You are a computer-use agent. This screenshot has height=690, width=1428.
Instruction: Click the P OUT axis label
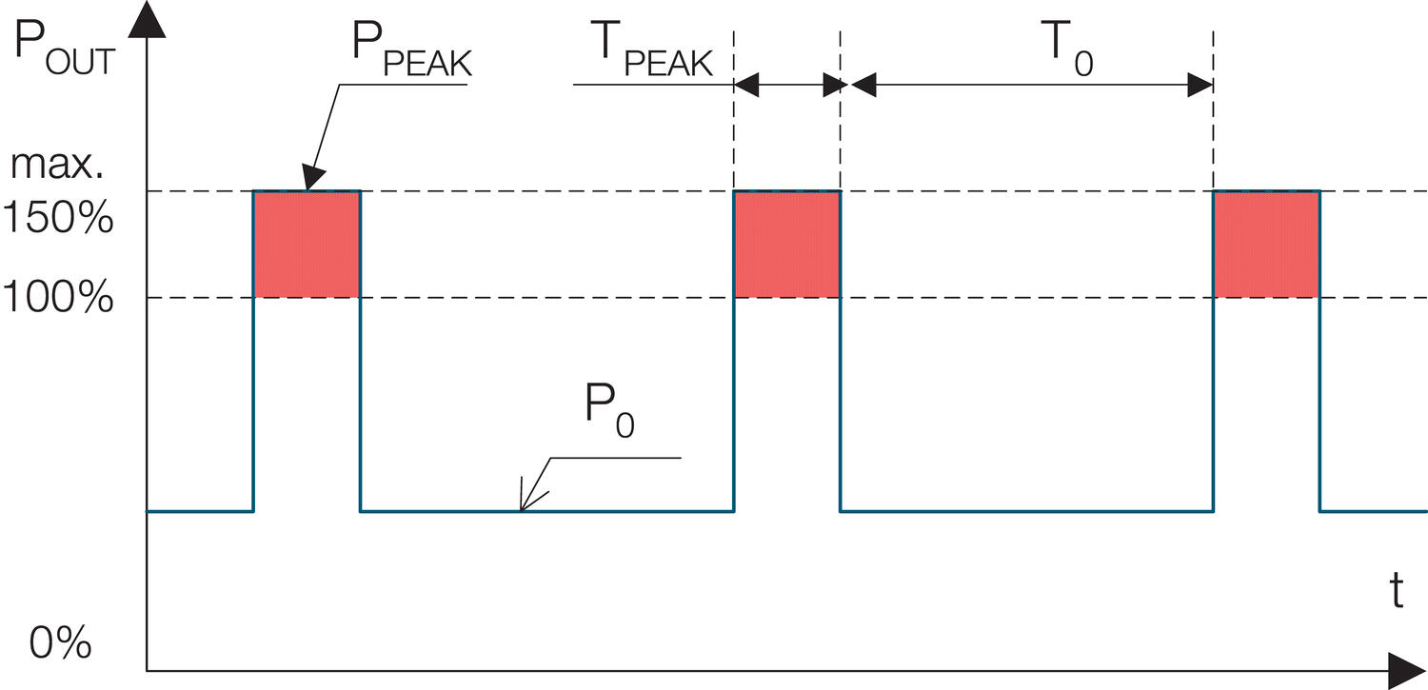click(x=65, y=52)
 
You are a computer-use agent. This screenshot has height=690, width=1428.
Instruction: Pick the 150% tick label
click(x=58, y=220)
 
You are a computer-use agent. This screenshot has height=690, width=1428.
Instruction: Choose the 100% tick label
click(x=58, y=300)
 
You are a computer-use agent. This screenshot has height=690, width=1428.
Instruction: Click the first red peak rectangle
click(x=306, y=245)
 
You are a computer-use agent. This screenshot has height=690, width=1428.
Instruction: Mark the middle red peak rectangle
click(x=786, y=245)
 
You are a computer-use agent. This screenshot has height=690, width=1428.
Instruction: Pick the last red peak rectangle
click(x=1266, y=245)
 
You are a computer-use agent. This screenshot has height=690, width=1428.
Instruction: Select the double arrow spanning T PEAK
click(x=786, y=86)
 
